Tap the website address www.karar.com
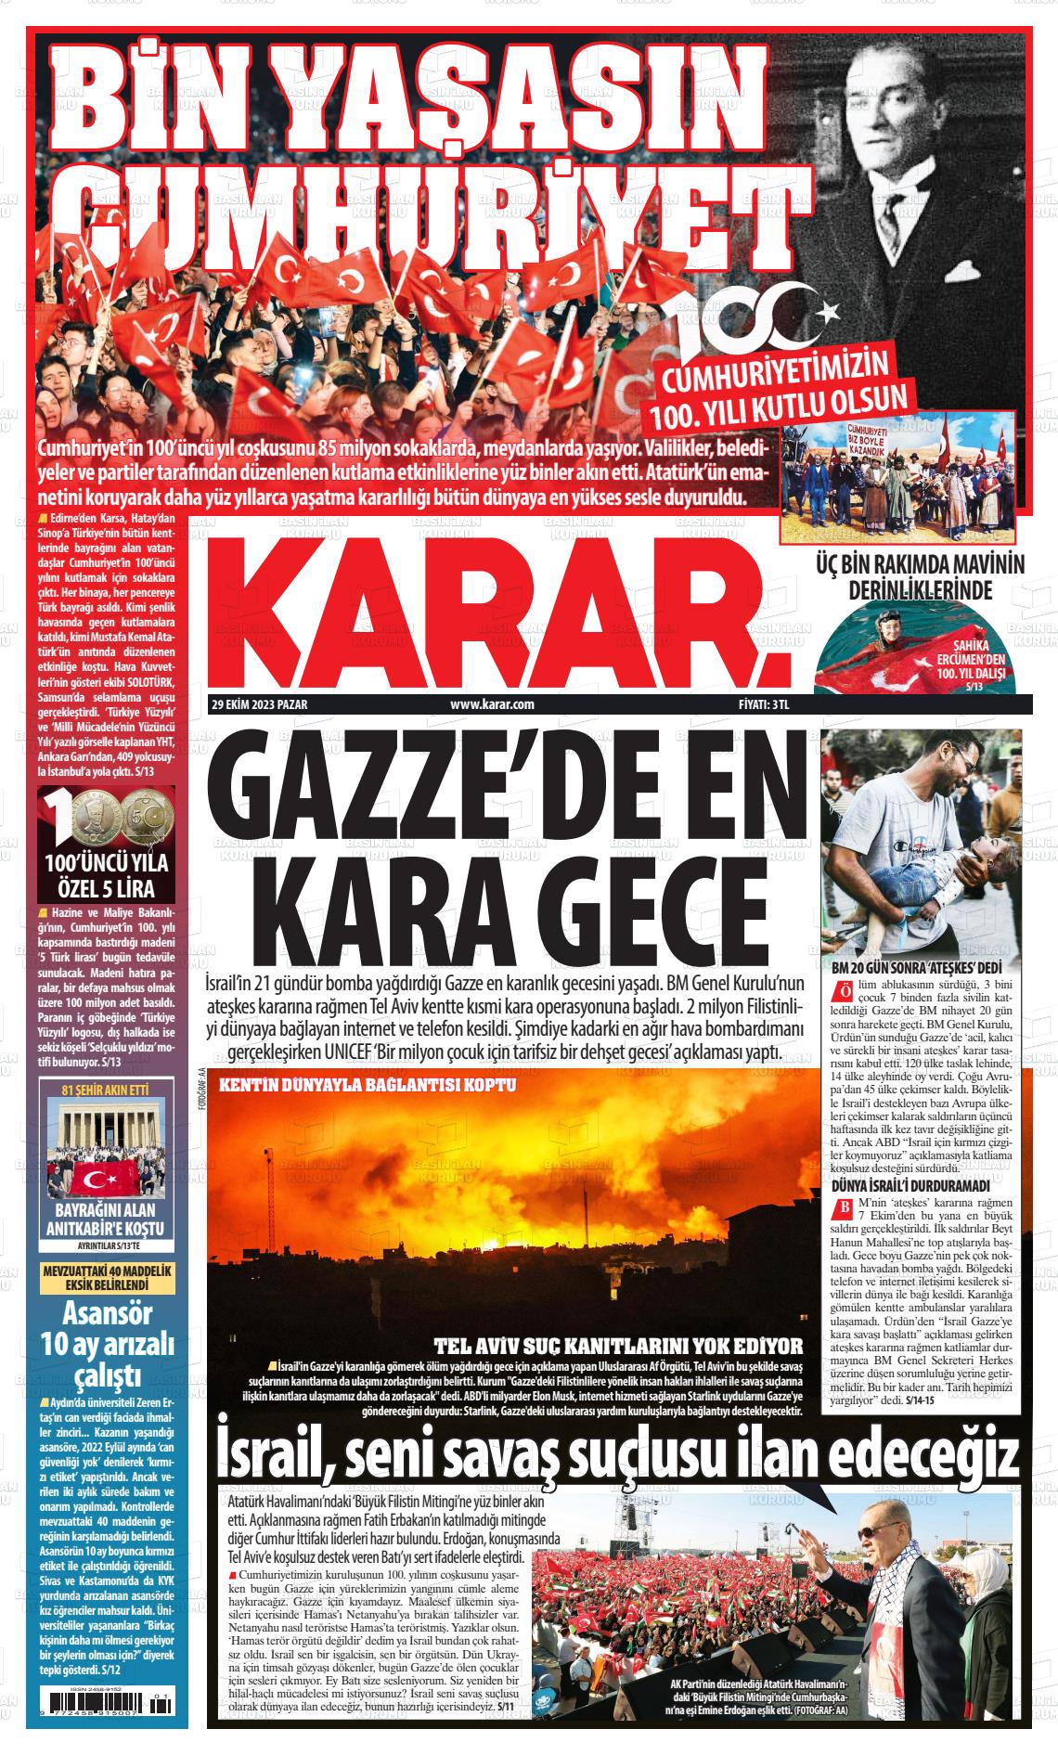pos(492,704)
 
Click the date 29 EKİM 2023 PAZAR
pos(259,704)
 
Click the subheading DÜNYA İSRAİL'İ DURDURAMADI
pos(910,1186)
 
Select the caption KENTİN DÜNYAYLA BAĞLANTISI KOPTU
pos(368,1085)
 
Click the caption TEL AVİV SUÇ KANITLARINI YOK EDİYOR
pos(619,1346)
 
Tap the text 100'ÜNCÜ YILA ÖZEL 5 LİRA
pos(105,874)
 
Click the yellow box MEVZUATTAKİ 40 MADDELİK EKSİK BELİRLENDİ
pos(105,1277)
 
